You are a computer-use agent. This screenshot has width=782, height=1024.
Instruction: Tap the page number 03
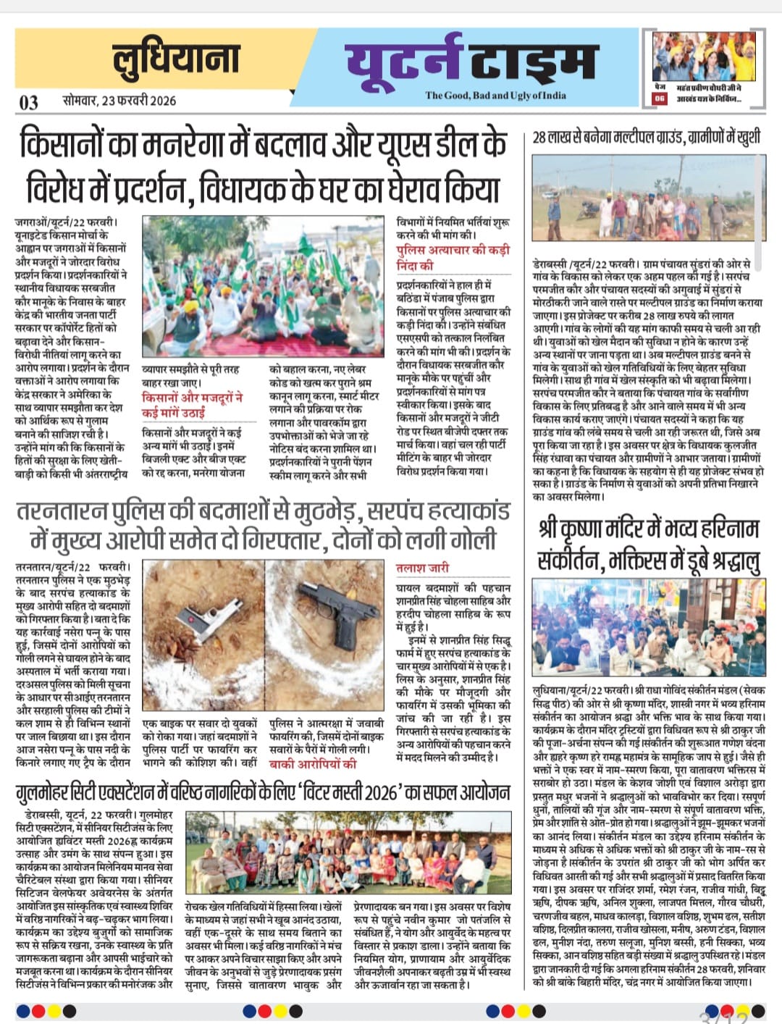click(29, 101)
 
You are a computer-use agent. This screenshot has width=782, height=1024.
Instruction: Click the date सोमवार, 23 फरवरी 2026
click(119, 100)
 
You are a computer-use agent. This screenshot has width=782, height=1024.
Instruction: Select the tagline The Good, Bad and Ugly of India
click(495, 95)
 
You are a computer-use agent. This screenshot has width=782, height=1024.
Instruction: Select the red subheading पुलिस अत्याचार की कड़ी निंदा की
click(453, 257)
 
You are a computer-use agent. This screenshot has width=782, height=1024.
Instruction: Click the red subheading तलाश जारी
click(422, 568)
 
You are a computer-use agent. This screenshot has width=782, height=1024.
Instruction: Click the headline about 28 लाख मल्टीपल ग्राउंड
click(646, 138)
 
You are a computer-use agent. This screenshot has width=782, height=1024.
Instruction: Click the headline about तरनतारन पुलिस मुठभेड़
click(264, 526)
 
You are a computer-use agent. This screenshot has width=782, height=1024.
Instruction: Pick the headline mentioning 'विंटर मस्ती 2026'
click(263, 792)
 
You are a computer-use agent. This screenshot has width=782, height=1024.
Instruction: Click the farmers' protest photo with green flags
click(264, 286)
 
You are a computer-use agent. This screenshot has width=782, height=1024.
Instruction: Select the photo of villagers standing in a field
click(648, 199)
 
